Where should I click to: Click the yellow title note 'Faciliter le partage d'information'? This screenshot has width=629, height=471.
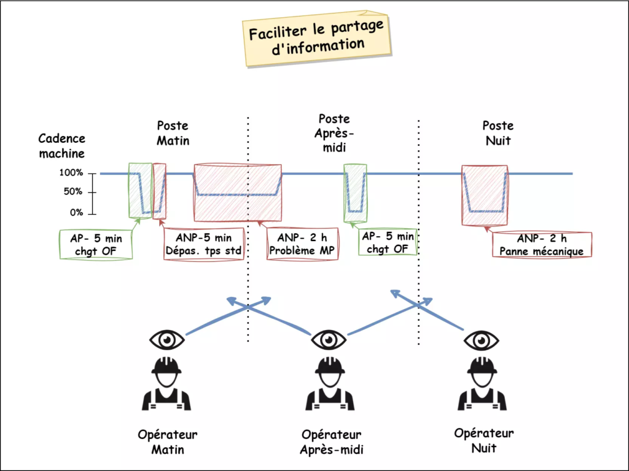pos(316,38)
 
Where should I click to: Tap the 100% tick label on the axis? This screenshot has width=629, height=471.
pos(71,173)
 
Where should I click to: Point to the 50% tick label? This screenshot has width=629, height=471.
pos(72,193)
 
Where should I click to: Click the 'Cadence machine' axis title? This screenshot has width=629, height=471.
pos(62,146)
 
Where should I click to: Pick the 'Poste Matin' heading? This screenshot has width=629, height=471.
pos(173,133)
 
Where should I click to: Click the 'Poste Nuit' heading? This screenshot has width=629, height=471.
pos(498,133)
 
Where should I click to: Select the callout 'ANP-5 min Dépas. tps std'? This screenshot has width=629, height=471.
pos(205,245)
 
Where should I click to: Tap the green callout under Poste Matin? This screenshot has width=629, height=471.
pos(96,245)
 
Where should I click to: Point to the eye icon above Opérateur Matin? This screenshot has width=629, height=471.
pos(166,339)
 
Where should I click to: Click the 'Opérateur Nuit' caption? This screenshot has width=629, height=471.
pos(484,440)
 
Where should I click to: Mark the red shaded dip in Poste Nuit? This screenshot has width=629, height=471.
pos(484,195)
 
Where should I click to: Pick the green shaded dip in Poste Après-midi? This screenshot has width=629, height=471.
pos(354,192)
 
